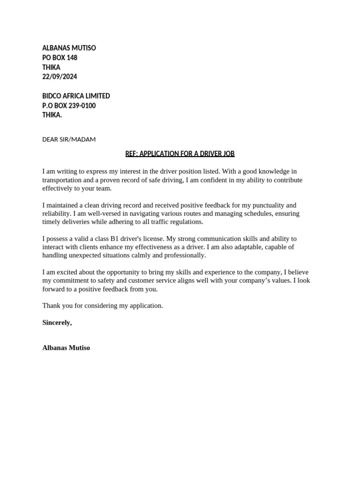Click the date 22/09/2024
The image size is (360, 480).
pos(60,77)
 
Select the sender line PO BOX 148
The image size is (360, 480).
pos(60,58)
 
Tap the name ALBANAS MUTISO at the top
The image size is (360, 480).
pos(69,48)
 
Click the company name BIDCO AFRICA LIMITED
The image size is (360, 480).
pos(76,96)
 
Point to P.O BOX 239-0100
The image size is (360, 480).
pos(69,106)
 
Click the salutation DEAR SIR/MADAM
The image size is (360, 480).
pos(69,140)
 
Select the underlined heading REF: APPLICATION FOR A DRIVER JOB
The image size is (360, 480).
pos(180,154)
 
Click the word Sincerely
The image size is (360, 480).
pos(57,322)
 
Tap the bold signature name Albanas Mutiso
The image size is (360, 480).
pos(66,348)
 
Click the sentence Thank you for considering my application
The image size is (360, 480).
pos(103,306)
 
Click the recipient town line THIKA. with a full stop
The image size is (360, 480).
pos(52,115)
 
